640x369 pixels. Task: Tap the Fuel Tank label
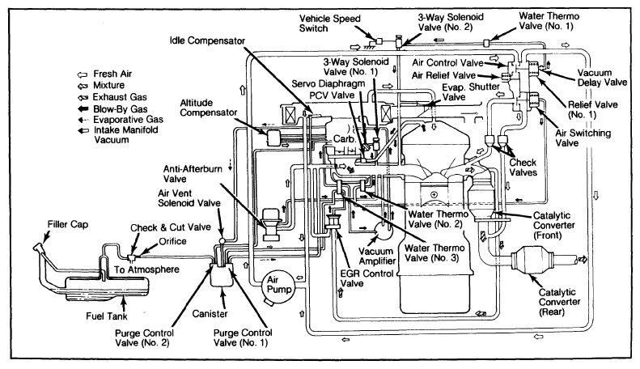point(107,316)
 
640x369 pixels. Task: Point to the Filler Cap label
point(68,224)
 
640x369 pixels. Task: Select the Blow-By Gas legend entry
point(112,109)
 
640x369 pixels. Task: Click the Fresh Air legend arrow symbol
point(83,74)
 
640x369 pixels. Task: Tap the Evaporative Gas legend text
point(128,120)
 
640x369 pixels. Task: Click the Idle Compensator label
point(207,40)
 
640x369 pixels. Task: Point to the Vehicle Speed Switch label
point(330,23)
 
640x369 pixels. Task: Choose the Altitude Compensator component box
point(273,137)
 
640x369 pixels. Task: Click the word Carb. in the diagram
point(345,139)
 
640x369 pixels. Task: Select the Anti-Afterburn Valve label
point(193,174)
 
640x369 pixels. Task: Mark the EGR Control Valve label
point(367,278)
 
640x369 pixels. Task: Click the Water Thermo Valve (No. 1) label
point(549,21)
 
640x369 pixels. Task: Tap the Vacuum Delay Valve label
point(602,78)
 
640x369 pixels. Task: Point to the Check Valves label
point(523,168)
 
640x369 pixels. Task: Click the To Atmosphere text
point(146,269)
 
